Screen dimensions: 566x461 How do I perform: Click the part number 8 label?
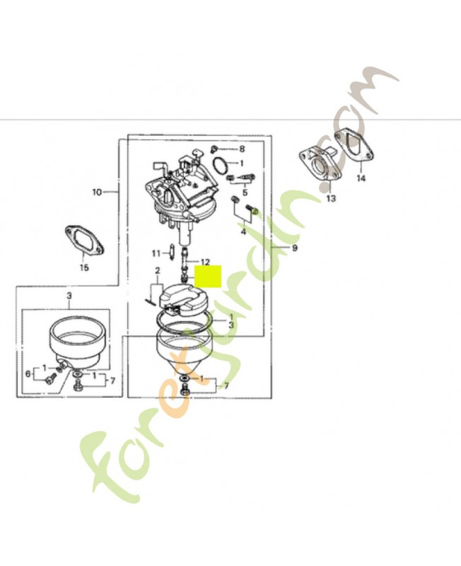(242, 149)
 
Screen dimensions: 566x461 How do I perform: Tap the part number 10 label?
(97, 192)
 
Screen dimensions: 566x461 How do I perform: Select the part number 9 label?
(295, 248)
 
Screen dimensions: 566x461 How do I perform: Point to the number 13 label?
(331, 199)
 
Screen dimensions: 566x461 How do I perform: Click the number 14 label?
(361, 178)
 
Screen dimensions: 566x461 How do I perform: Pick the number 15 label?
(84, 267)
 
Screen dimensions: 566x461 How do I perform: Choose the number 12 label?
(205, 262)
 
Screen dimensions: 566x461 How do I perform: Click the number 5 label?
(245, 192)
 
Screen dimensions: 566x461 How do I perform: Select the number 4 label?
(243, 231)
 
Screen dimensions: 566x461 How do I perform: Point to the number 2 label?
(158, 270)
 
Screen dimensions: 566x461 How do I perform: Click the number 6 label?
(28, 372)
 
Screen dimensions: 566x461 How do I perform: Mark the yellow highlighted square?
(208, 277)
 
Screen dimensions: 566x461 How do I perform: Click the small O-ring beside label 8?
(221, 166)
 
